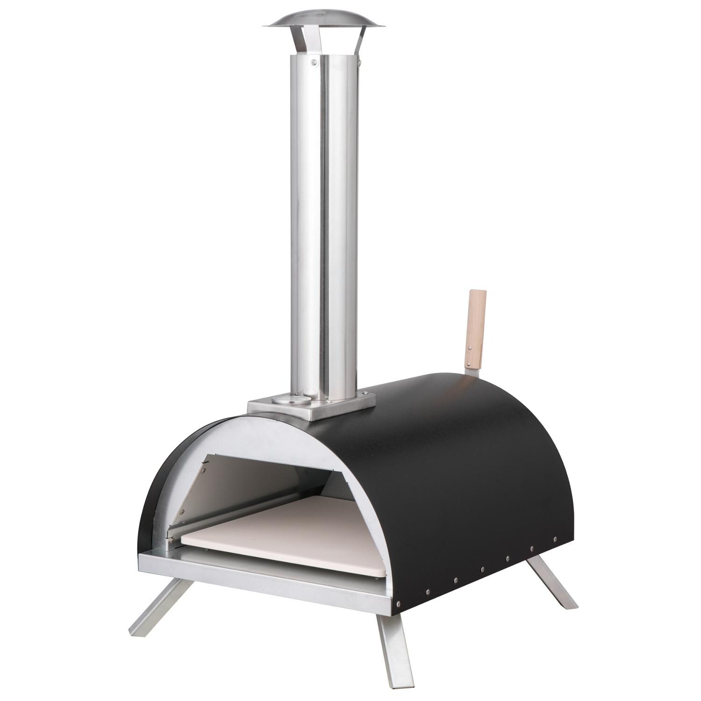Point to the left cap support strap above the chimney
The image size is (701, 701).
[294, 44]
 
